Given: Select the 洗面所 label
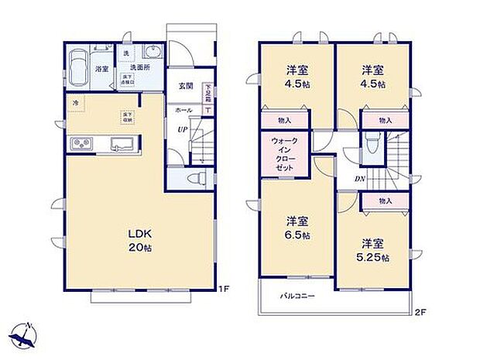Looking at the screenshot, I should (141, 68).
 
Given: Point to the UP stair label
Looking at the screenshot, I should (183, 129).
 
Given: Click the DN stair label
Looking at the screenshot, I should (360, 180).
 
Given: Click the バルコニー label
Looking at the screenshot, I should (297, 296).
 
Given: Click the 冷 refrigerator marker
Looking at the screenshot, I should (76, 102).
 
